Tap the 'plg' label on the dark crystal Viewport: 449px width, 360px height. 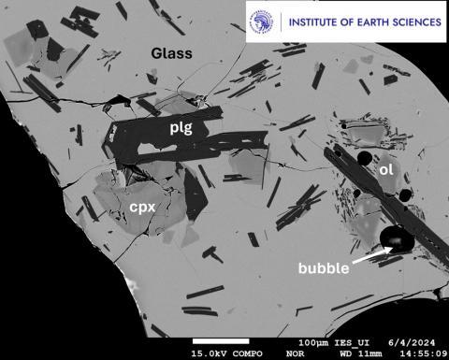(180, 128)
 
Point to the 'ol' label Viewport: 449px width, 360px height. (385, 171)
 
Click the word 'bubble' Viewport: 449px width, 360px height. (324, 267)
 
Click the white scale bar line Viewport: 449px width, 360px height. (220, 340)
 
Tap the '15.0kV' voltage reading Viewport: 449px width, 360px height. (210, 354)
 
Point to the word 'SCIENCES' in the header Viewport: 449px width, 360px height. (417, 21)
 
